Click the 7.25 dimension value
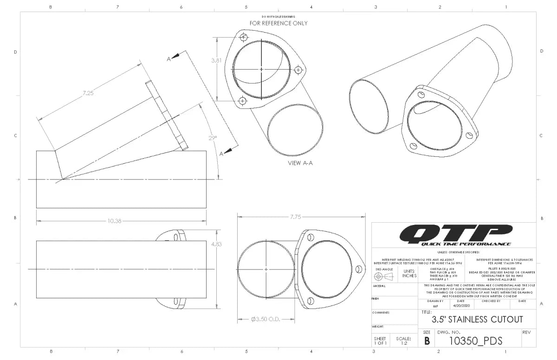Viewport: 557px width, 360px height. (x=88, y=93)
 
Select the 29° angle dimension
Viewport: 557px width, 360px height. (x=213, y=138)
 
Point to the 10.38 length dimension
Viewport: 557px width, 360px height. (x=114, y=221)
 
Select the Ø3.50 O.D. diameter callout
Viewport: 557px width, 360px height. (x=266, y=320)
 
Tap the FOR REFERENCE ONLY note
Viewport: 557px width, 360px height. (x=278, y=23)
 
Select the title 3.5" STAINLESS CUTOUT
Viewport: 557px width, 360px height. (x=477, y=320)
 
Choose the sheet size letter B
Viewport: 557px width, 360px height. (x=427, y=341)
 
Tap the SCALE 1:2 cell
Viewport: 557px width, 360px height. (x=403, y=341)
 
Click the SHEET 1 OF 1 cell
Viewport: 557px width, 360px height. (x=380, y=341)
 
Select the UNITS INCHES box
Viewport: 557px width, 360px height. (x=409, y=274)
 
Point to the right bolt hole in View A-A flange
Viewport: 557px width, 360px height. (x=298, y=70)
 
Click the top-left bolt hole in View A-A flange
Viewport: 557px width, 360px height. (x=244, y=37)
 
